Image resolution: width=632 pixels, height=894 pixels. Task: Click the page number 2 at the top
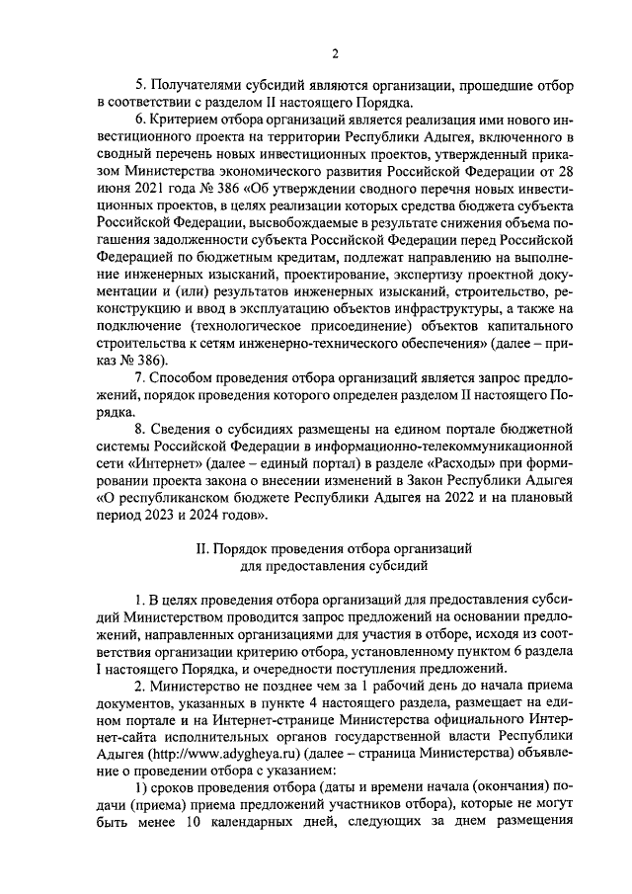click(336, 53)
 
